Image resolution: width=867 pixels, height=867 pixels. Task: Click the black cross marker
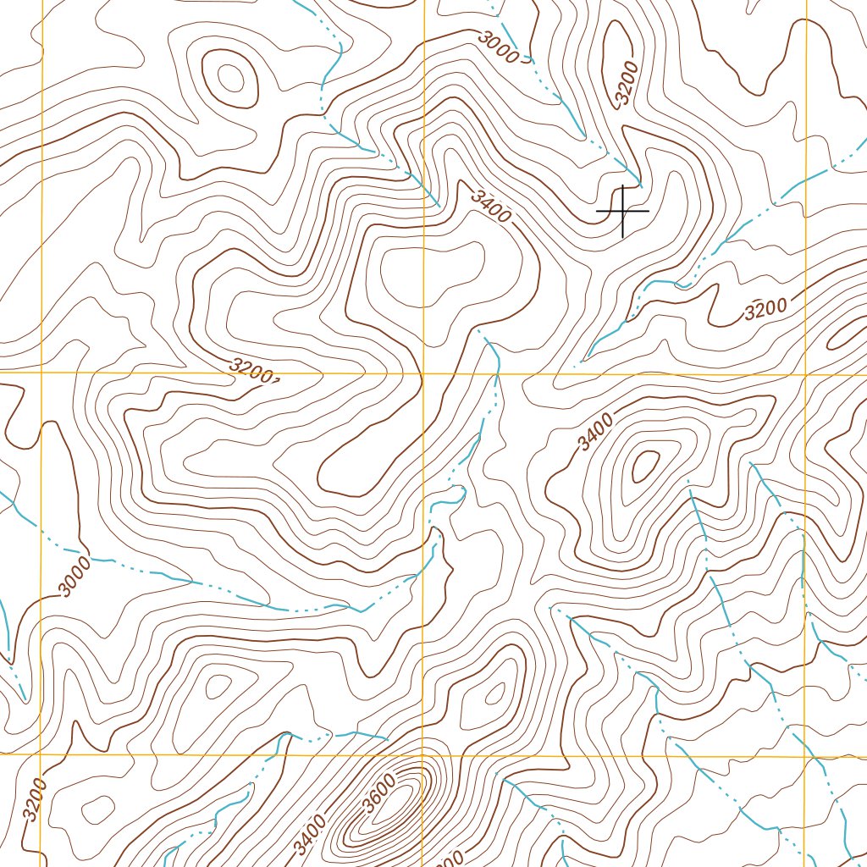[623, 210]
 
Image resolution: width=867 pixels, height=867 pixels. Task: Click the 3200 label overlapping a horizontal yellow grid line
[253, 371]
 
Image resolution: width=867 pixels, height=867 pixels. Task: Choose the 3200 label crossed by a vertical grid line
[34, 798]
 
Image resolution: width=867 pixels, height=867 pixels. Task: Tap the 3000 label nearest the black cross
[499, 49]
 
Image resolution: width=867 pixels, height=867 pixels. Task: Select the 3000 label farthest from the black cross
[74, 576]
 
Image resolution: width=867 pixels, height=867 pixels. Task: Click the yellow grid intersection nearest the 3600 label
[423, 754]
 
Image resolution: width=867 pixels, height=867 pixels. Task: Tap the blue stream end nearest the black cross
[640, 184]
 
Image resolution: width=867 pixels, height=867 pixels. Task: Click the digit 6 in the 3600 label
[376, 796]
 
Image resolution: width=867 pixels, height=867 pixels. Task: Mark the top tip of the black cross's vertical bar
[623, 185]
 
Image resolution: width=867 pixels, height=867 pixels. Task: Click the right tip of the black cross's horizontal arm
[649, 210]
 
